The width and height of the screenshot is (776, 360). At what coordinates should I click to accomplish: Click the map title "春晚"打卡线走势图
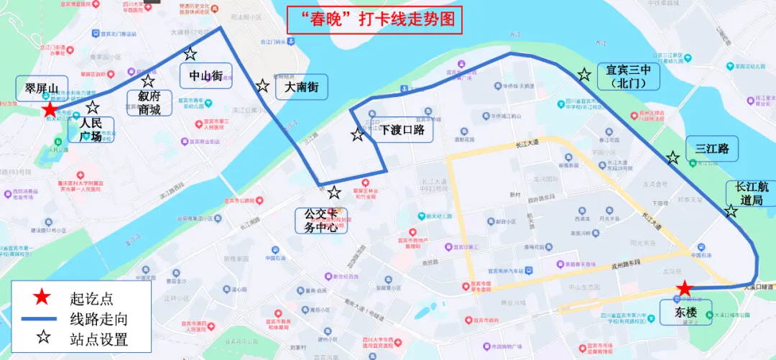[374, 20]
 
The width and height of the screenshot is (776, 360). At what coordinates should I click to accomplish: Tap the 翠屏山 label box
[42, 88]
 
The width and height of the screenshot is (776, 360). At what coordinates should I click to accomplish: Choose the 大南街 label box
[301, 87]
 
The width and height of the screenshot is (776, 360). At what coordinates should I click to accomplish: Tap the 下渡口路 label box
[402, 130]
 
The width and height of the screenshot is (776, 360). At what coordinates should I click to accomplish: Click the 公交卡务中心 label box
[321, 220]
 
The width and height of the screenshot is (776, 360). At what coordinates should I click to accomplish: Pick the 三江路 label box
[711, 149]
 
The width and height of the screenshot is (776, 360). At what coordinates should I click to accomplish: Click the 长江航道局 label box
[750, 193]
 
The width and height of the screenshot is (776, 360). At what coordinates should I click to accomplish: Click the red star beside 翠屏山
[49, 110]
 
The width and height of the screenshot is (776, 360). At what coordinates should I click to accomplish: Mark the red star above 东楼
[685, 288]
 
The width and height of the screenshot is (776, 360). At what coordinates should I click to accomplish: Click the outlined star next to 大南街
[263, 86]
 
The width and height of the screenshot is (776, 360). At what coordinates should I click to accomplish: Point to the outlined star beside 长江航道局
[731, 211]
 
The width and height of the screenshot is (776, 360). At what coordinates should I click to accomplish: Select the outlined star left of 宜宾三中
[584, 74]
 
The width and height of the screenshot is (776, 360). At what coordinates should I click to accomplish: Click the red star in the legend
[43, 296]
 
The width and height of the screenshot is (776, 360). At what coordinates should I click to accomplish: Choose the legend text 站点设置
[98, 339]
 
